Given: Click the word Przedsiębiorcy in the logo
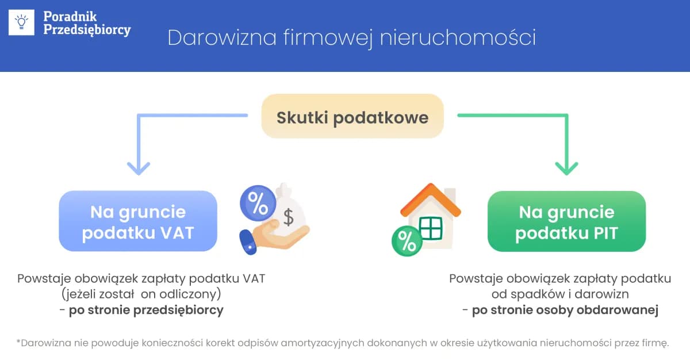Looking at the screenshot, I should (x=87, y=30).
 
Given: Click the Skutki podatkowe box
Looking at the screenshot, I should (x=352, y=117).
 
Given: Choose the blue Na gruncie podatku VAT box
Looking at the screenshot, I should (x=138, y=222).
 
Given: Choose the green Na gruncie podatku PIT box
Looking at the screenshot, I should (x=566, y=222).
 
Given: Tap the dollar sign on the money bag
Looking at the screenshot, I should (x=288, y=217).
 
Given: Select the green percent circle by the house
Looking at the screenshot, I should (x=407, y=241).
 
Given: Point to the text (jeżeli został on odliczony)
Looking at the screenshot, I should (x=141, y=294).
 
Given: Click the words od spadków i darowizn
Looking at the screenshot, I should (x=560, y=294).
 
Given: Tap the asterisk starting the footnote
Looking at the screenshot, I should (x=18, y=342).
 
